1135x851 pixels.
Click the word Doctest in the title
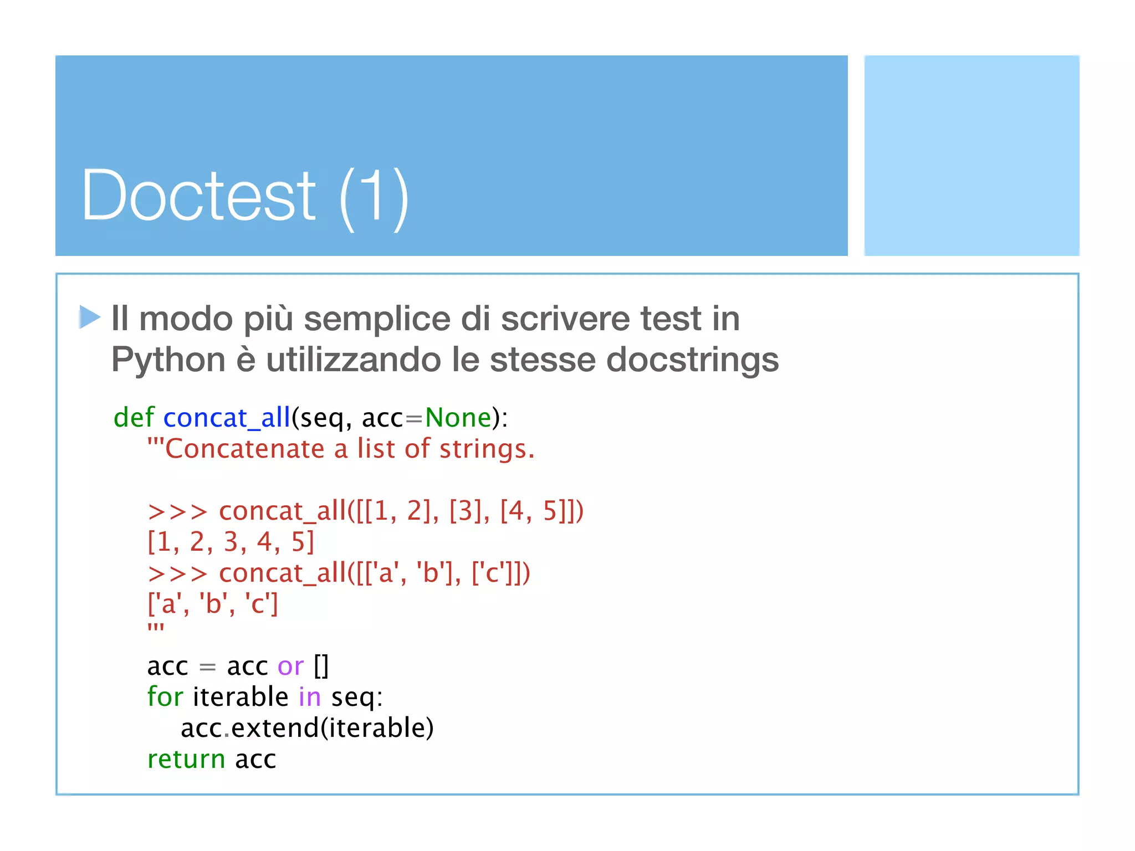198,196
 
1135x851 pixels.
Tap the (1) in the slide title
374,197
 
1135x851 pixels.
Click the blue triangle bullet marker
89,317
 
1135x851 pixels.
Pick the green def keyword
134,417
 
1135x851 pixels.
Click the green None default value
458,418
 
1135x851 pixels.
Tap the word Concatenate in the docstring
244,449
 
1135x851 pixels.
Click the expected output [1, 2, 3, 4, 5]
231,542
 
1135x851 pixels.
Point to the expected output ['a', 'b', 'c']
212,604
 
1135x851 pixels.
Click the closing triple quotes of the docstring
156,628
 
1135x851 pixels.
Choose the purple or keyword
290,667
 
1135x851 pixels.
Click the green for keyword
165,697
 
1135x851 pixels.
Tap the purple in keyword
309,697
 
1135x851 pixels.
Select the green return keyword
186,760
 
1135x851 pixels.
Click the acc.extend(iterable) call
307,728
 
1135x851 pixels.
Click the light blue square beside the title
972,155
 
